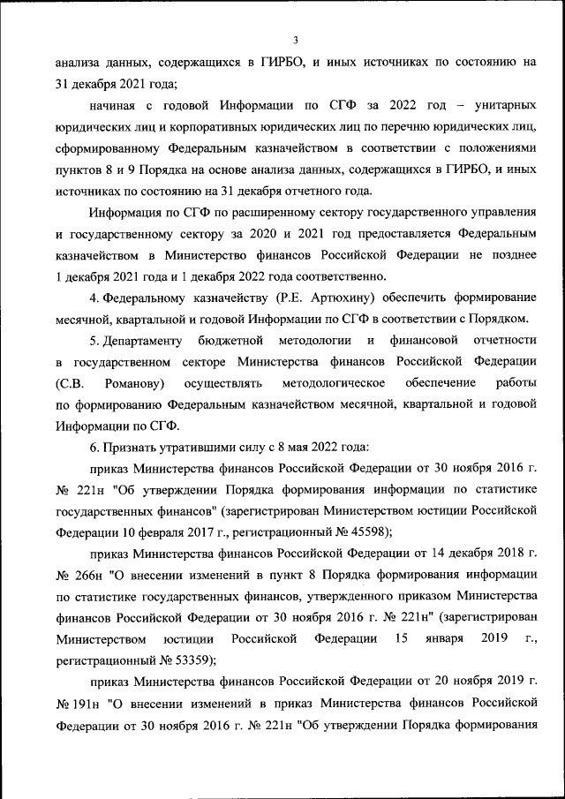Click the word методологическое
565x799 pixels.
click(333, 383)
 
